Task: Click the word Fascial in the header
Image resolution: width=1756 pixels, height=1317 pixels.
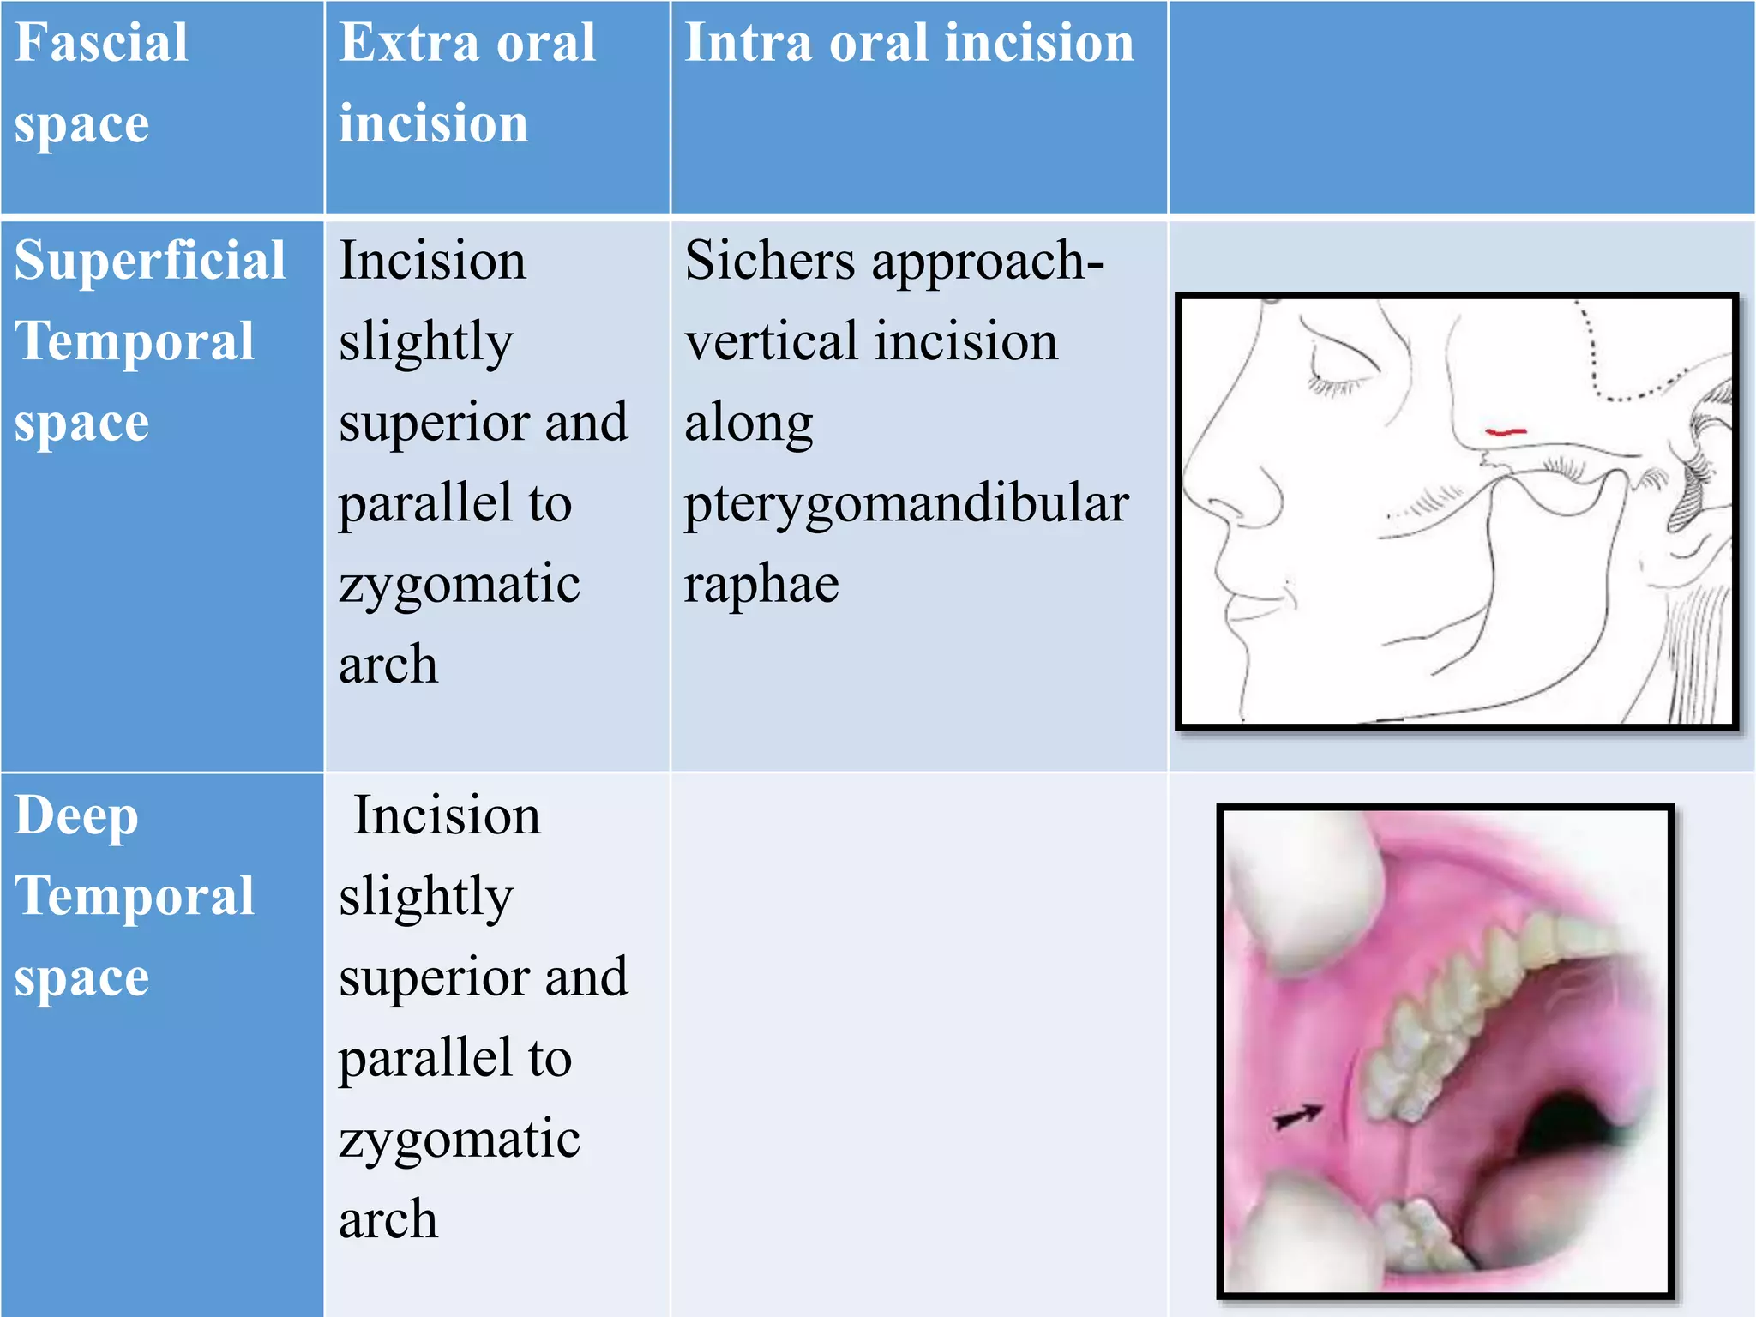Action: pyautogui.click(x=101, y=43)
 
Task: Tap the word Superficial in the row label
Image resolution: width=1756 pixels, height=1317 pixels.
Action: pyautogui.click(x=150, y=261)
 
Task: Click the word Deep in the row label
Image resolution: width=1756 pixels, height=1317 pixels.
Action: pyautogui.click(x=76, y=815)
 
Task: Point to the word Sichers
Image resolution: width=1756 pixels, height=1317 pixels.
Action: pyautogui.click(x=769, y=261)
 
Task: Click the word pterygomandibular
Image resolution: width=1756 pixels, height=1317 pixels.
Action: pyautogui.click(x=906, y=505)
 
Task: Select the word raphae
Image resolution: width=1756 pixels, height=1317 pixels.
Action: pyautogui.click(x=761, y=585)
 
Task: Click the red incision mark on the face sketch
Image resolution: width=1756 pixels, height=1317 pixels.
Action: pyautogui.click(x=1505, y=431)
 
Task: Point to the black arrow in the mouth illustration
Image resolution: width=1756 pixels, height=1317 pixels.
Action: pyautogui.click(x=1297, y=1116)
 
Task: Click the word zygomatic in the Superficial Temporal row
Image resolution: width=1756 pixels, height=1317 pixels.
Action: pyautogui.click(x=460, y=585)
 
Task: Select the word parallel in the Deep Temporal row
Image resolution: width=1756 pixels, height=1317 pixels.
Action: pyautogui.click(x=454, y=1058)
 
